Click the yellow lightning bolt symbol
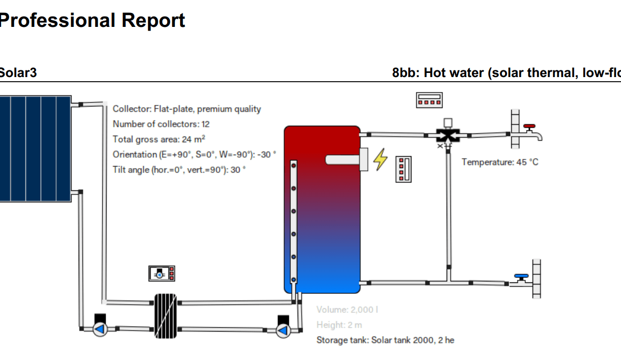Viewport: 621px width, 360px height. click(380, 159)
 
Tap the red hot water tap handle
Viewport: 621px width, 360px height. click(529, 126)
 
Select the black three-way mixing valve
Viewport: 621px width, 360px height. click(447, 136)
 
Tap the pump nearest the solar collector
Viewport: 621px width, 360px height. click(100, 328)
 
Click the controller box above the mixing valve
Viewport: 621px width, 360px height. click(430, 100)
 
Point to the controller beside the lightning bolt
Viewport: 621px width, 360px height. click(403, 169)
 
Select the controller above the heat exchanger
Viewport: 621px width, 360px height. click(161, 273)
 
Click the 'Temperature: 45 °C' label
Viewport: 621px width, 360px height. click(500, 162)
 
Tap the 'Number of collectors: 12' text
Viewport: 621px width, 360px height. click(161, 124)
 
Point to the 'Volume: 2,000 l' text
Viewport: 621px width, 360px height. click(347, 310)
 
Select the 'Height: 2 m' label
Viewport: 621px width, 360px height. click(339, 325)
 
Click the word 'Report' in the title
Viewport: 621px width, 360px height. click(153, 21)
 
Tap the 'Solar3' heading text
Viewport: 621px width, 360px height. click(18, 73)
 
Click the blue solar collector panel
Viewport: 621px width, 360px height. click(35, 148)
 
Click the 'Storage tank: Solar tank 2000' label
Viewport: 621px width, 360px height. click(385, 340)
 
